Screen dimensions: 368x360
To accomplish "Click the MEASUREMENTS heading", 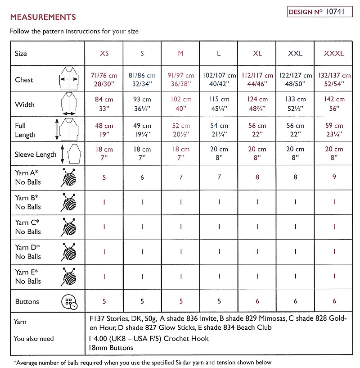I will [x=43, y=18].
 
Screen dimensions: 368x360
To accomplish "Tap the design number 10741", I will [x=334, y=12].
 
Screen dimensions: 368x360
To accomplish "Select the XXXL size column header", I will [x=333, y=53].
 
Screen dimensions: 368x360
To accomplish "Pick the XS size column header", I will [x=104, y=53].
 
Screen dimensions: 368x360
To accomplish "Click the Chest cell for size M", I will [x=180, y=79].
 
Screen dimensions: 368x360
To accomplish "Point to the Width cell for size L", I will [x=219, y=104].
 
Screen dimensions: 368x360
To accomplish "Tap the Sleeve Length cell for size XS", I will [x=104, y=154].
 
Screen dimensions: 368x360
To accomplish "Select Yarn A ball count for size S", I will [x=142, y=177].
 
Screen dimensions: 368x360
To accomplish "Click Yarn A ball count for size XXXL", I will [x=333, y=177].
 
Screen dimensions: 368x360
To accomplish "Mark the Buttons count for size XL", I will [x=257, y=301].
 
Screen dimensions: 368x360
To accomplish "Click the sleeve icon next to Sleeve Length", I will [x=73, y=154].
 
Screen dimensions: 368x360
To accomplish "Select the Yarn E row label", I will [x=28, y=277].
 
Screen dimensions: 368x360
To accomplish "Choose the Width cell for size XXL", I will [x=295, y=104].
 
